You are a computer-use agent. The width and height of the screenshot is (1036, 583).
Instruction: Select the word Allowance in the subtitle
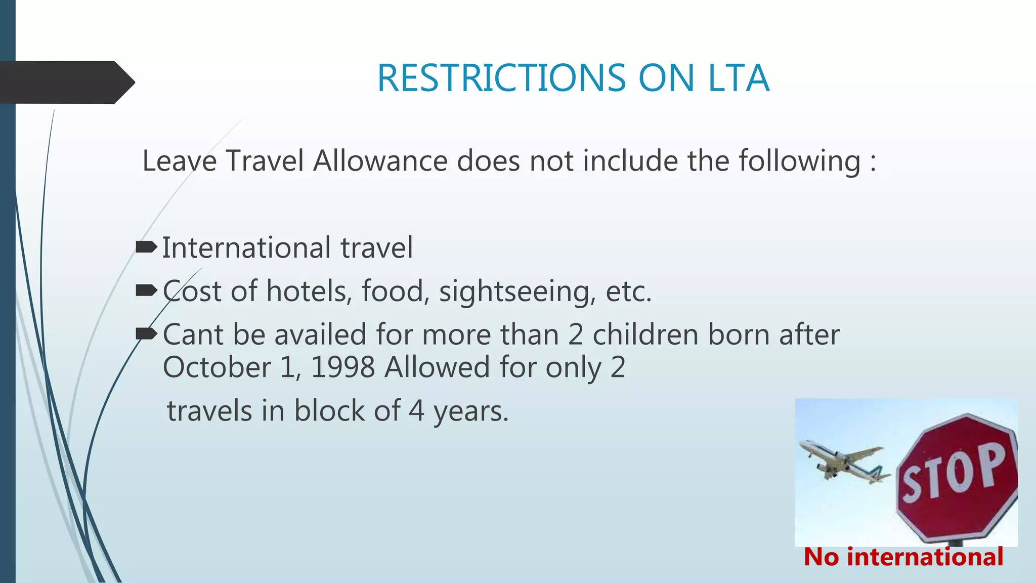[380, 161]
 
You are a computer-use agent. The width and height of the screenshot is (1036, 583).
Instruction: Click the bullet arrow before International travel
[146, 247]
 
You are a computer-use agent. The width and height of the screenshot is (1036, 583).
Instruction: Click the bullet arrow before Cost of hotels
[146, 290]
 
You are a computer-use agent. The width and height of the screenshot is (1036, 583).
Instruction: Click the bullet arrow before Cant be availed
[146, 334]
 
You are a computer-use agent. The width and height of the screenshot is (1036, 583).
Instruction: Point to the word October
[217, 367]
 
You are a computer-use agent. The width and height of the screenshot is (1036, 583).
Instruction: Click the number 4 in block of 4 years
[416, 411]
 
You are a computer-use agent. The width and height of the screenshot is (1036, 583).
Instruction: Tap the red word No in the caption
[821, 557]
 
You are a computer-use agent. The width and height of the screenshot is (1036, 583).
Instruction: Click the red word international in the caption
[925, 557]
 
